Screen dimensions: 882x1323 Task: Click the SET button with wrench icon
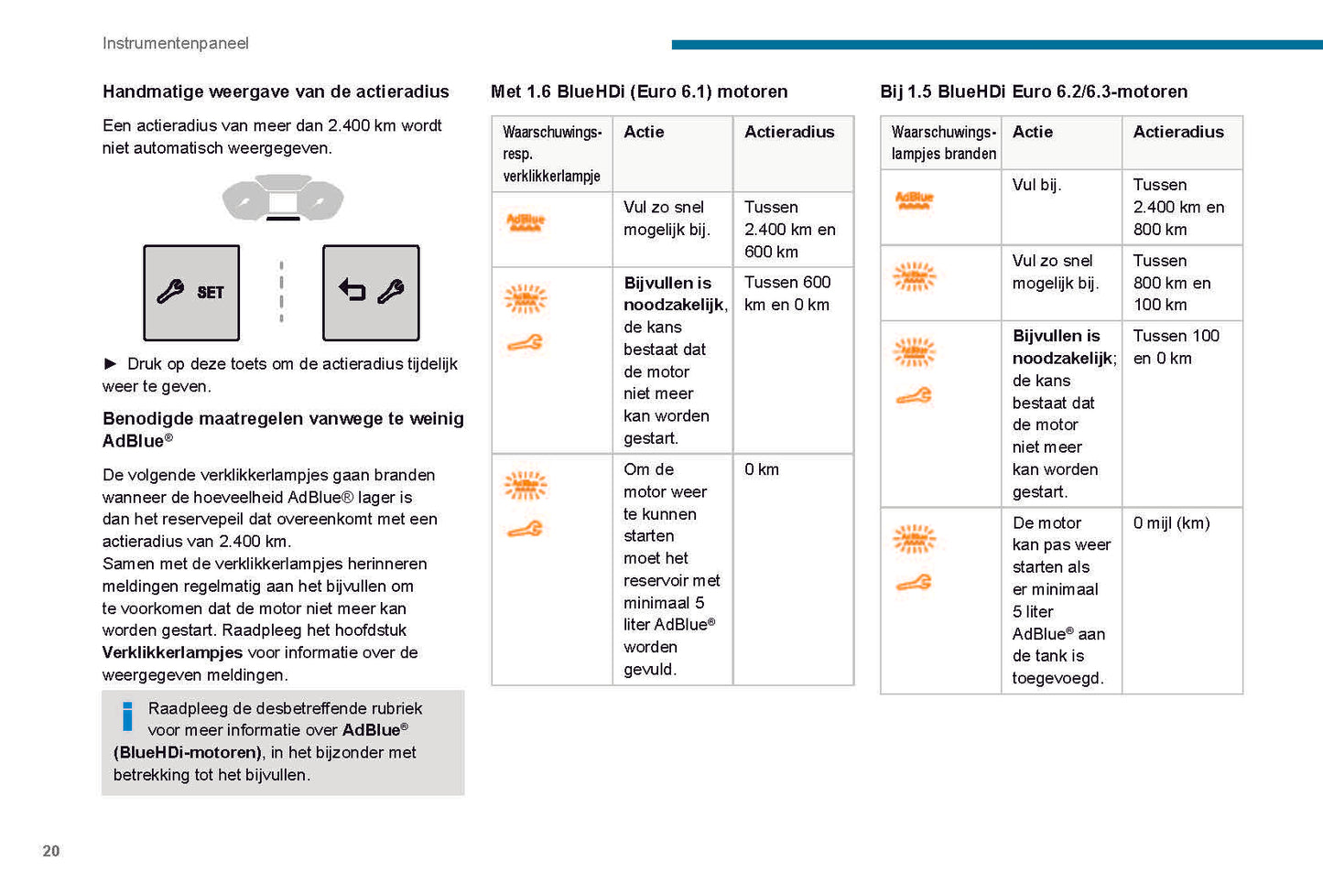click(191, 293)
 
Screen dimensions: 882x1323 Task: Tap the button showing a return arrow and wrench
click(371, 293)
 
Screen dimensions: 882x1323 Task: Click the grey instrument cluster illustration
click(283, 198)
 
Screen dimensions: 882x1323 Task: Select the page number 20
click(51, 851)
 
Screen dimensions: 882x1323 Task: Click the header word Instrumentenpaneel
click(175, 43)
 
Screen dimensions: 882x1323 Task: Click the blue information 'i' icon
click(127, 716)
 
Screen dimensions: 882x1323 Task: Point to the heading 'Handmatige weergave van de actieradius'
click(276, 91)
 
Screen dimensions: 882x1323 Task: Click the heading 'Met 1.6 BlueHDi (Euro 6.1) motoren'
click(639, 91)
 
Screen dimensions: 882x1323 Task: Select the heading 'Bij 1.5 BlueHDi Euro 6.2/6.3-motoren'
click(1034, 91)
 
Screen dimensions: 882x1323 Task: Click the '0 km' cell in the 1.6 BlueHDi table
click(762, 469)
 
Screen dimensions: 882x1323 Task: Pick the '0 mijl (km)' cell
click(1171, 523)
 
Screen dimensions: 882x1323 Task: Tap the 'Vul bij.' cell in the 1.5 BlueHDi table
click(1036, 185)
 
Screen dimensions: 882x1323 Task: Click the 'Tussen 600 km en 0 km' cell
click(787, 294)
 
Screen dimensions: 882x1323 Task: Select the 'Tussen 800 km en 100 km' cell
click(1172, 283)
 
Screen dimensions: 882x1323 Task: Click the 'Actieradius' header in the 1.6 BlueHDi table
click(789, 132)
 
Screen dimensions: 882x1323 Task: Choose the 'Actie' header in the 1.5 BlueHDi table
click(1033, 132)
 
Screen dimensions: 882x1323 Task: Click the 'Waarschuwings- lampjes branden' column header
click(943, 143)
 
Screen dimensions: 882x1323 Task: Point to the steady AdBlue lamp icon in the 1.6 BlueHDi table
click(526, 221)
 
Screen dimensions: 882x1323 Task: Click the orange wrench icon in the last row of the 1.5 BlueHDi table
click(914, 583)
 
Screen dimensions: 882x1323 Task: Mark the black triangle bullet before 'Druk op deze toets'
click(111, 364)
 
